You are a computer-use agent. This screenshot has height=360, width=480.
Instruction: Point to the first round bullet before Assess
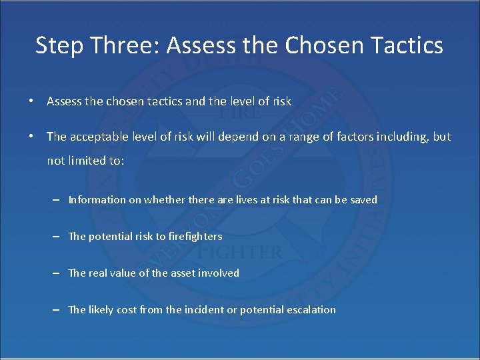point(31,101)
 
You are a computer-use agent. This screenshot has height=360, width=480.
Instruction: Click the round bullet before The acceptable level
point(31,137)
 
